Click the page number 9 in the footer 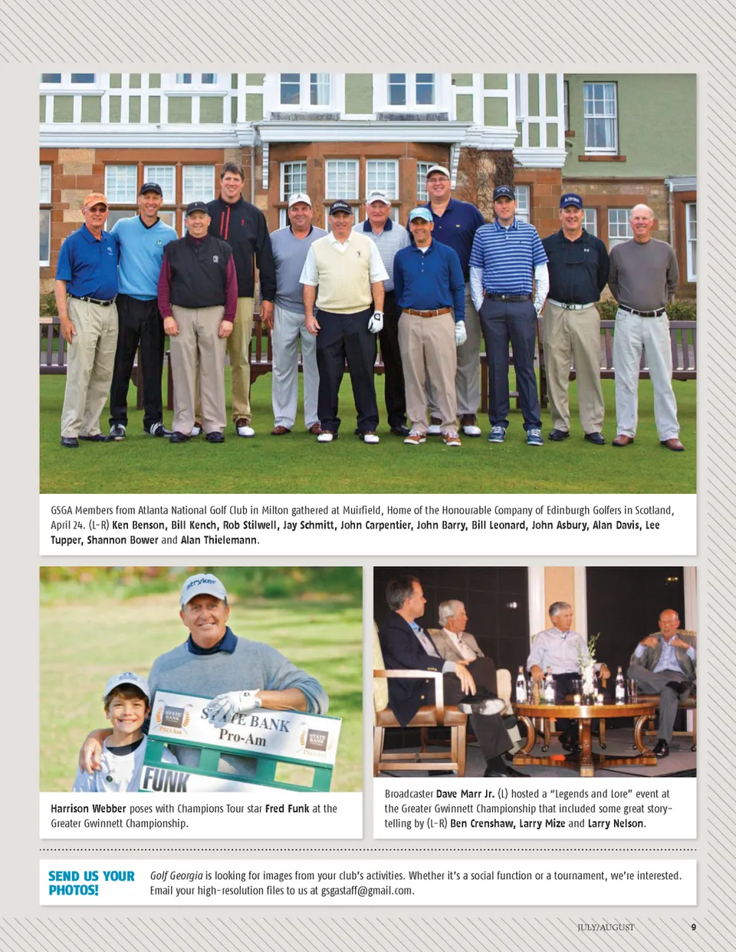693,927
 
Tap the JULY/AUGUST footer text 606,927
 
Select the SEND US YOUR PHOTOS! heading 91,883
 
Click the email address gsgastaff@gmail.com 367,891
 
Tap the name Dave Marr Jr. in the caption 465,794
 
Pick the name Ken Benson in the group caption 139,525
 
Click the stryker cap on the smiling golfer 203,588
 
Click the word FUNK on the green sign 166,780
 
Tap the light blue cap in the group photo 420,214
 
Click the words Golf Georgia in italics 176,875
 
